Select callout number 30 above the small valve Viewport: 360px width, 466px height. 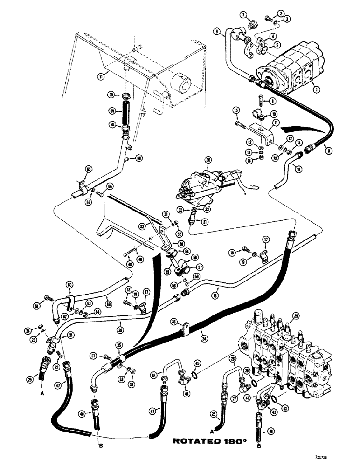click(209, 159)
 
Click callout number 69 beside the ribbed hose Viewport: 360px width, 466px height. click(111, 111)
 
